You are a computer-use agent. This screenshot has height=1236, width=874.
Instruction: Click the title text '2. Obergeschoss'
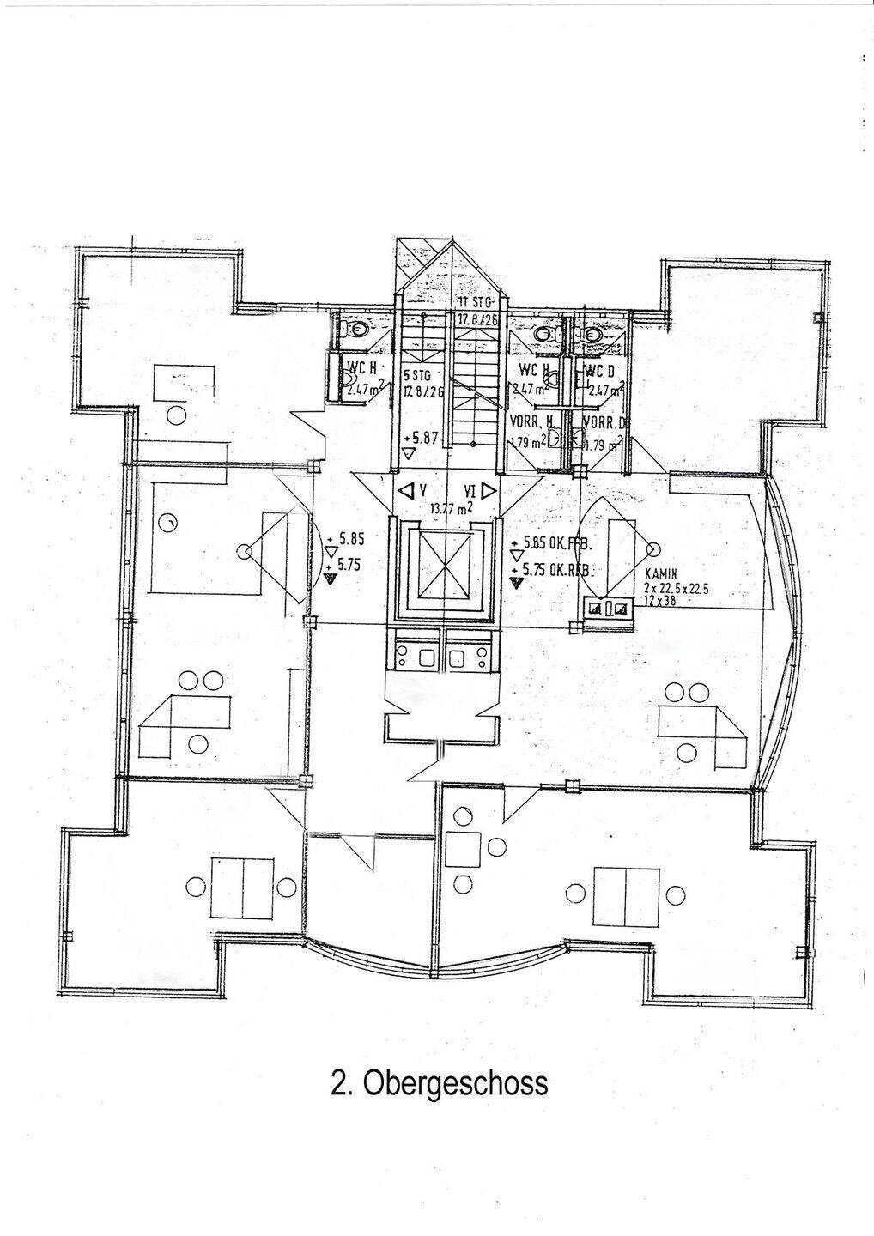pos(439,1082)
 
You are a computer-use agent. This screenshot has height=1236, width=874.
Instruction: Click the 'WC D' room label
pos(602,372)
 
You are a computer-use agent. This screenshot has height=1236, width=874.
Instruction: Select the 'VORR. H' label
pos(531,421)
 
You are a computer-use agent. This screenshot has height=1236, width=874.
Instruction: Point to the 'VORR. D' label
pos(603,421)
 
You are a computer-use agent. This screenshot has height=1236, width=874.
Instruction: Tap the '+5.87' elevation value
pos(421,438)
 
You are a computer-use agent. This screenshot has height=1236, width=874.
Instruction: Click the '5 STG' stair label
pos(416,375)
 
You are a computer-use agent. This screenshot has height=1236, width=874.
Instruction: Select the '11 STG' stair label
pos(474,303)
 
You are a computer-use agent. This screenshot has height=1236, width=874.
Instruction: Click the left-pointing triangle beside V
pos(404,491)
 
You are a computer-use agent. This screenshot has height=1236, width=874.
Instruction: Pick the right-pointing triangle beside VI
pos(488,491)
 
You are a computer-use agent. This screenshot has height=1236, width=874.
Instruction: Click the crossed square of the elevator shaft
pos(443,563)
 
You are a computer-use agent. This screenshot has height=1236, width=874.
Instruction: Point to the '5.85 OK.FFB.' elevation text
pos(554,543)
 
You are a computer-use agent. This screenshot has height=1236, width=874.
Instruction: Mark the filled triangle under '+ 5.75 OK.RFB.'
pos(515,583)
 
